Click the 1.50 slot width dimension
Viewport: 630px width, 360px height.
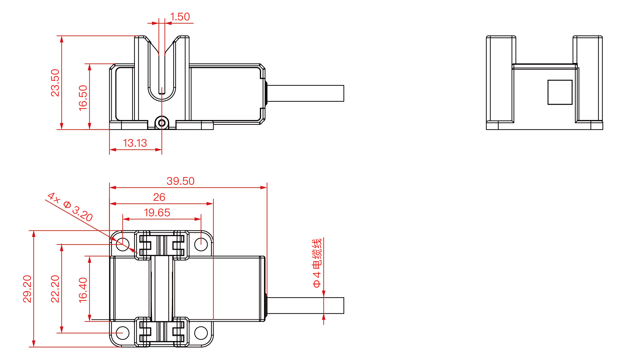click(180, 17)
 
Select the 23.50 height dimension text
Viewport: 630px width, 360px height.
click(55, 83)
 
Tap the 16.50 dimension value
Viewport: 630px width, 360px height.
click(83, 98)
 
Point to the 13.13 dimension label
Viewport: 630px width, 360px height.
click(135, 143)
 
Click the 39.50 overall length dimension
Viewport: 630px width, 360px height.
click(180, 181)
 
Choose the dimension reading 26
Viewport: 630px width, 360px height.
click(159, 197)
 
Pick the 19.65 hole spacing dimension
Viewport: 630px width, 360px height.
click(157, 213)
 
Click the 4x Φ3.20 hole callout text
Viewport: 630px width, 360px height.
click(70, 207)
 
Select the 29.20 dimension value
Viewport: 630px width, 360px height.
click(27, 289)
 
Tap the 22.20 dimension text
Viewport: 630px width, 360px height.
click(55, 289)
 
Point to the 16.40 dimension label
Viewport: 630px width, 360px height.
click(83, 290)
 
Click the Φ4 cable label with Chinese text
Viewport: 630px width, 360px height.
click(317, 263)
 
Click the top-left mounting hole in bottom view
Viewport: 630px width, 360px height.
click(123, 244)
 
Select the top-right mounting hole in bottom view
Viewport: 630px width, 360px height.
click(201, 244)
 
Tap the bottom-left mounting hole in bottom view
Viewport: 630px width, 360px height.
click(123, 333)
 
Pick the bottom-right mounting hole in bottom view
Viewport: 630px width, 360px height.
click(201, 333)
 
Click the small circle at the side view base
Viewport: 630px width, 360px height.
click(162, 123)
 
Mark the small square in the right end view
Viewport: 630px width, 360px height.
click(560, 92)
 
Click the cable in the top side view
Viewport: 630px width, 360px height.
click(305, 94)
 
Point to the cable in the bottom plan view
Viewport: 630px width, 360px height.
click(305, 306)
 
